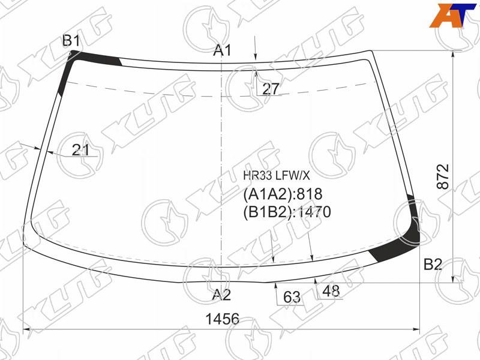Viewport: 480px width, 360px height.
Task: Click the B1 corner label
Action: [x=71, y=41]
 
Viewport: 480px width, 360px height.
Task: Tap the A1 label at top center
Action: [x=223, y=50]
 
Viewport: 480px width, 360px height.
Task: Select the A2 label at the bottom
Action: [x=221, y=295]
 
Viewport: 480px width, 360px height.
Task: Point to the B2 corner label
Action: [x=433, y=264]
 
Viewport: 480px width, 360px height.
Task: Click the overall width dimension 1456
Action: [x=222, y=319]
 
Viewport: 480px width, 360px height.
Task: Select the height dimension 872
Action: [x=443, y=176]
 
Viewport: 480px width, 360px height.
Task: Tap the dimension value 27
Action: [x=271, y=89]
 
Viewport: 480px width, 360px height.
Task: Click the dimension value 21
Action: [x=81, y=150]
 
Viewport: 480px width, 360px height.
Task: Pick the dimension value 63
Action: [x=292, y=297]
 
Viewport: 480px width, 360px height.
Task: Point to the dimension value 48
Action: [x=331, y=291]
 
